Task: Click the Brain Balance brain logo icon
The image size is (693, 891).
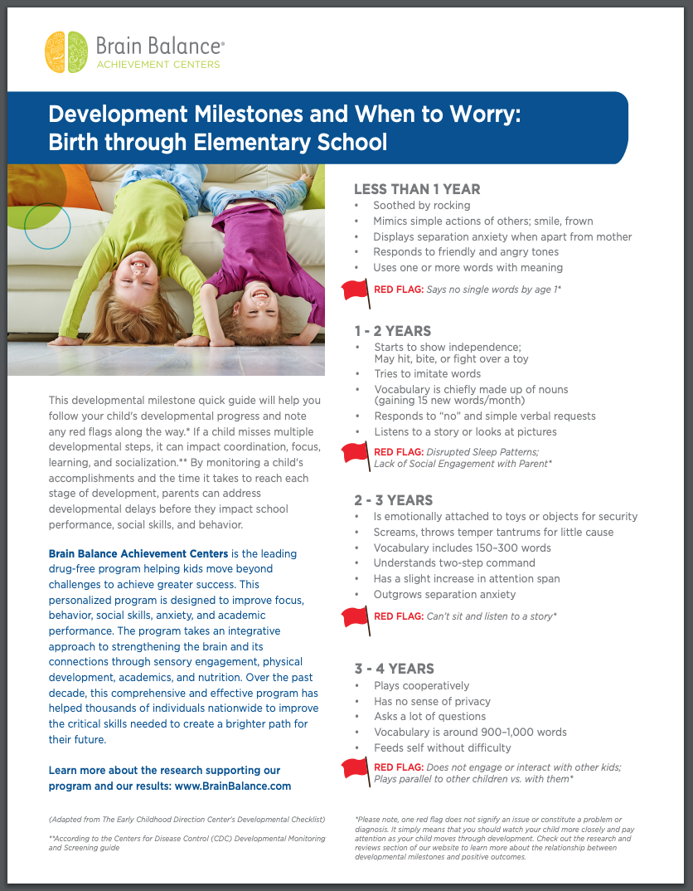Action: [66, 51]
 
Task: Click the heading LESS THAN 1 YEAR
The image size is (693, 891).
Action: [417, 189]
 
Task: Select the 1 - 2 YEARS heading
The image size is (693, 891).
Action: [393, 331]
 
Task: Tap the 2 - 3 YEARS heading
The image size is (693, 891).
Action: [393, 500]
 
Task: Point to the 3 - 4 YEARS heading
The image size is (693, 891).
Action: [394, 669]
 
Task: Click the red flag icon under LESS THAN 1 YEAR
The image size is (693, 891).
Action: [356, 290]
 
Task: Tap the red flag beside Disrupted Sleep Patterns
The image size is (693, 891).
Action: [356, 453]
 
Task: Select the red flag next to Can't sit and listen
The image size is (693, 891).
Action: [356, 616]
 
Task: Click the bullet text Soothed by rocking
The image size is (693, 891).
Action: [421, 205]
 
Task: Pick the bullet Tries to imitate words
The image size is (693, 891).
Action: [427, 374]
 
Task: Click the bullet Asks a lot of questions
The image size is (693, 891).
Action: [429, 717]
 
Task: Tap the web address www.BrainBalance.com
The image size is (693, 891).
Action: [234, 786]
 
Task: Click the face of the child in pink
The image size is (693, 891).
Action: [257, 292]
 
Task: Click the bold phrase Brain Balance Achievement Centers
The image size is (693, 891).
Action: [138, 553]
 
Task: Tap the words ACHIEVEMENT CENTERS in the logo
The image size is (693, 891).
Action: [158, 65]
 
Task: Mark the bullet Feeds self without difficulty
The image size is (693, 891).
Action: [442, 748]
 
